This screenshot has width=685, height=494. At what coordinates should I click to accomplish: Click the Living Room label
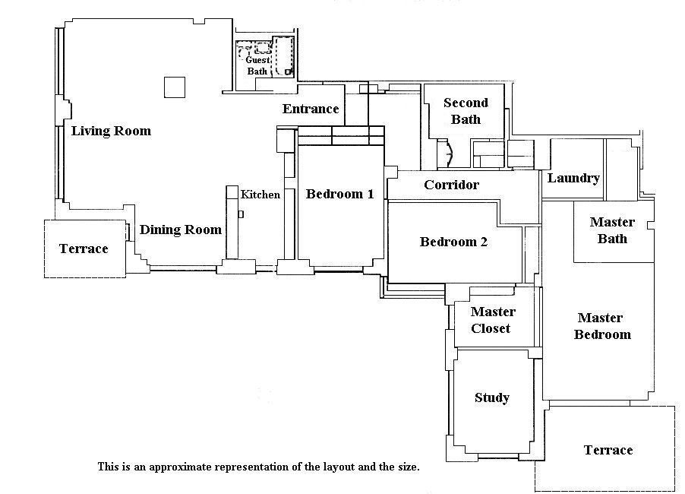(x=111, y=131)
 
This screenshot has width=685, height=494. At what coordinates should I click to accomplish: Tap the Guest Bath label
(x=257, y=65)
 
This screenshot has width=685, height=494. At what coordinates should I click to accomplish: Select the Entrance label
(x=311, y=109)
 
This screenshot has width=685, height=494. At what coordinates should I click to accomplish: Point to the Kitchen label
(x=260, y=194)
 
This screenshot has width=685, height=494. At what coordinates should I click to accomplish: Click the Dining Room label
(x=181, y=230)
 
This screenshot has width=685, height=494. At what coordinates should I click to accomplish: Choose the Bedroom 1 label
(x=340, y=194)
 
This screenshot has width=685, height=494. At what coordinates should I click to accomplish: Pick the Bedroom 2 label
(x=453, y=242)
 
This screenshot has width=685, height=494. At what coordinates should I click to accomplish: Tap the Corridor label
(x=451, y=185)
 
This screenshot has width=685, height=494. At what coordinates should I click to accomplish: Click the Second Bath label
(x=466, y=111)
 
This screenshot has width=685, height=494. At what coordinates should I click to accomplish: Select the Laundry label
(x=573, y=178)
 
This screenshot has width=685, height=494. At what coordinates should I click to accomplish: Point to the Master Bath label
(x=612, y=230)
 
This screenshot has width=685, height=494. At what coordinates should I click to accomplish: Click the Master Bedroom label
(x=602, y=326)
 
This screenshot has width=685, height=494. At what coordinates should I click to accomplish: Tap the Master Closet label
(x=493, y=320)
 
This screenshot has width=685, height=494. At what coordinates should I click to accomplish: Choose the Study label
(x=492, y=397)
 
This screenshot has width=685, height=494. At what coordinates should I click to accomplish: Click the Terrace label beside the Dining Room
(x=84, y=249)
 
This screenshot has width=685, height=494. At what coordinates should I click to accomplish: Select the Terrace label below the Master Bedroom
(x=608, y=450)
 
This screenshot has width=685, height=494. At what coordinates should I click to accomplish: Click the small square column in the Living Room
(x=175, y=87)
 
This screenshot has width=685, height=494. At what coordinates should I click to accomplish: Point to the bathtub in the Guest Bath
(x=283, y=57)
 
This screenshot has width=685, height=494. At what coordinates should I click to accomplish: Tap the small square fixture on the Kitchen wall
(x=241, y=214)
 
